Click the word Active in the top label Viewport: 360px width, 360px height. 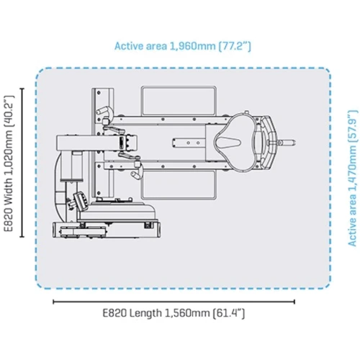[131, 46]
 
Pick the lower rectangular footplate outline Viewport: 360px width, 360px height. [178, 182]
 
